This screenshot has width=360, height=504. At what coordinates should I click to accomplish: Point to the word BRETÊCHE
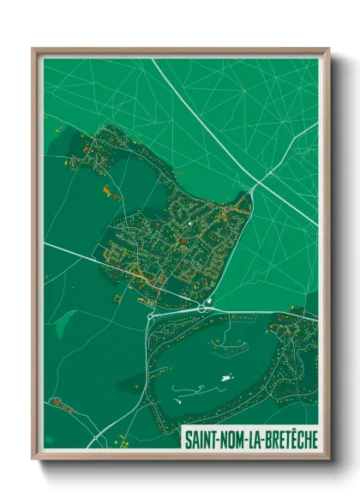[x=289, y=439]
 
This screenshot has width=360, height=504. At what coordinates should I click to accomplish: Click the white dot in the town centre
[x=190, y=225]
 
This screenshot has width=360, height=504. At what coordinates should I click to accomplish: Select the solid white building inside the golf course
[x=226, y=376]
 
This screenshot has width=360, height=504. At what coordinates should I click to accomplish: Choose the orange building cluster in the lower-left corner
[x=57, y=402]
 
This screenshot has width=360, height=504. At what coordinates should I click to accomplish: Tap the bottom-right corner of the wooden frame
[x=328, y=458]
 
